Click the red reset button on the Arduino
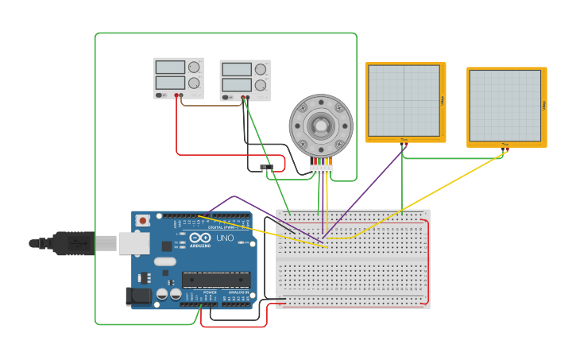[142, 220]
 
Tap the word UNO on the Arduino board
[225, 238]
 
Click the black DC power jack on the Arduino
[138, 296]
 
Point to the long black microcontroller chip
[216, 279]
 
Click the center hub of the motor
[321, 125]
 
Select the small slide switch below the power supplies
[266, 167]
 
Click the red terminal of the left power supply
[176, 95]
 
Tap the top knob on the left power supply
[194, 68]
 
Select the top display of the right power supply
[237, 70]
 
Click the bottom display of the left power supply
[170, 82]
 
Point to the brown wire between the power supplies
[211, 105]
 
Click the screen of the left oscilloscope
[404, 101]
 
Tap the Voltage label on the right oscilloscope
[543, 105]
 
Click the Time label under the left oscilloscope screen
[404, 140]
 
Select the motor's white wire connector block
[321, 169]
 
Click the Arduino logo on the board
[200, 238]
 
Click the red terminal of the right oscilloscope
[507, 148]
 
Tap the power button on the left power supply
[160, 95]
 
